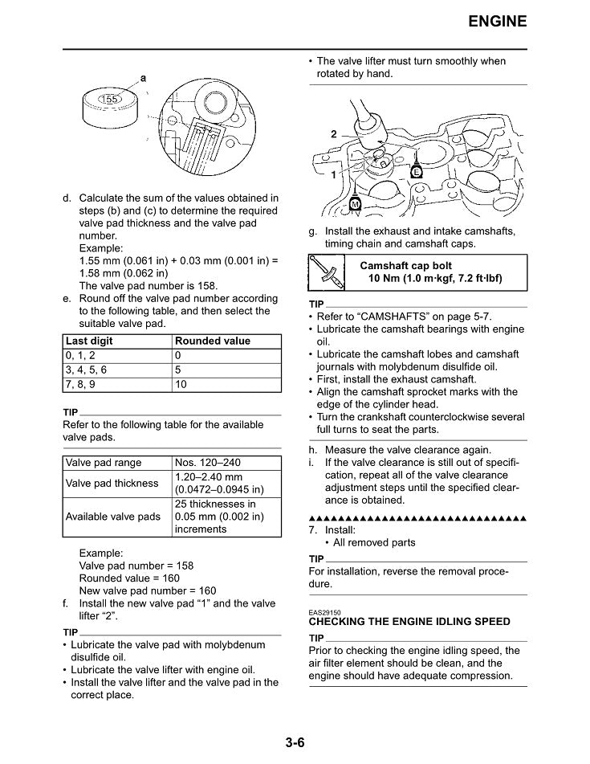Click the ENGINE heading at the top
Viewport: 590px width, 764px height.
click(498, 21)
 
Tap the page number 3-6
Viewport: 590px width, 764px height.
click(295, 742)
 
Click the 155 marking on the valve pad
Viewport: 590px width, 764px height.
click(109, 99)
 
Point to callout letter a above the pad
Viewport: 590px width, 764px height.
click(143, 78)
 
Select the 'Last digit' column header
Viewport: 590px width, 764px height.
click(89, 341)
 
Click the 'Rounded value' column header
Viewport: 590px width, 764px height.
click(213, 341)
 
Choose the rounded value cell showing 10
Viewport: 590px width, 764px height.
click(181, 384)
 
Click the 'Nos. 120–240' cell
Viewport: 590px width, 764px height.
click(207, 463)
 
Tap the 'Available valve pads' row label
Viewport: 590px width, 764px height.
click(113, 517)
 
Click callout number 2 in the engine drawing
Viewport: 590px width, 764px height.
click(334, 134)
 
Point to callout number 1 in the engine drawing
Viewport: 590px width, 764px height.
click(334, 174)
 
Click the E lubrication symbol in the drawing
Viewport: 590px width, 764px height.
click(417, 172)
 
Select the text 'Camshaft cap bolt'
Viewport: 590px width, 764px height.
click(405, 265)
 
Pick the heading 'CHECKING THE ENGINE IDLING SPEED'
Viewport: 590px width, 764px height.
click(409, 622)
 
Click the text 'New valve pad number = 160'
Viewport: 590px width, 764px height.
click(148, 590)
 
